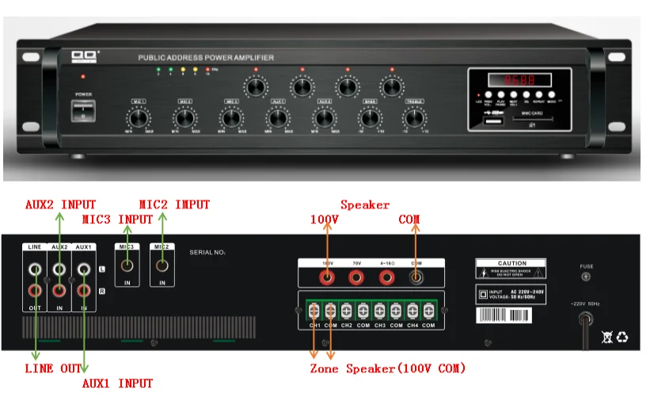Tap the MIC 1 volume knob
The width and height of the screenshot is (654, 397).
(139, 118)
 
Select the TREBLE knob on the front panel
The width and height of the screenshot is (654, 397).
(414, 118)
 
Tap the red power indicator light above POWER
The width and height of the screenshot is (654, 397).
(82, 77)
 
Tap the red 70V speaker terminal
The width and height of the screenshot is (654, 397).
(356, 277)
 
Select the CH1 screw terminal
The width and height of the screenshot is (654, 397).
(314, 310)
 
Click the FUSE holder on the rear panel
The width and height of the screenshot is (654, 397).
(586, 277)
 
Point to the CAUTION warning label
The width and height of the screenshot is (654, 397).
(511, 268)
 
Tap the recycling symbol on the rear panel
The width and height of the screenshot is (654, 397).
(622, 338)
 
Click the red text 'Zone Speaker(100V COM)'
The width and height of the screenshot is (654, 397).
(387, 369)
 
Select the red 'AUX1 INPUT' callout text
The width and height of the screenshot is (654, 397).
(118, 384)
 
